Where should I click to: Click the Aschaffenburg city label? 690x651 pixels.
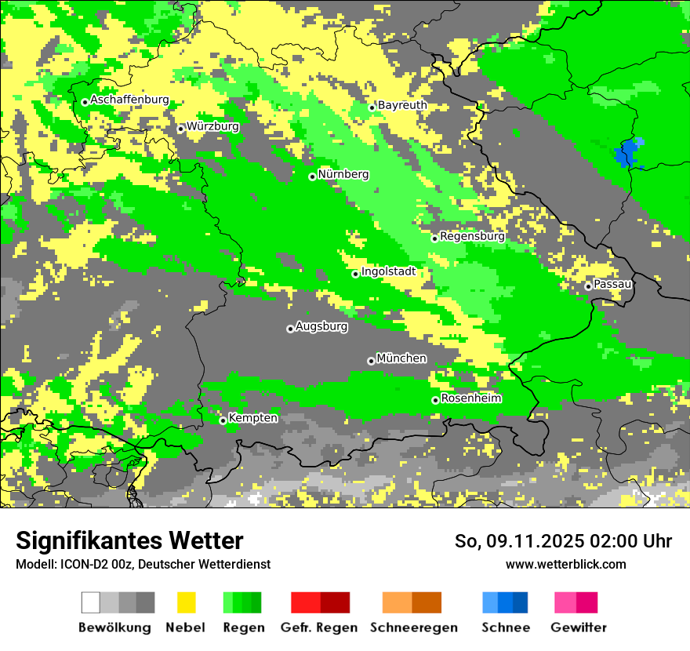point(129,100)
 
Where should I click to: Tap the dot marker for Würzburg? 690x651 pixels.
point(180,129)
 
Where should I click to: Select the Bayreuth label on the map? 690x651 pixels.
point(402,105)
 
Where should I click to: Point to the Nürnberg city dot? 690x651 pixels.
point(312,176)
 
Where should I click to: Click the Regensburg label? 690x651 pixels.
point(472,236)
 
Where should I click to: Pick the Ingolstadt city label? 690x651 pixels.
point(388,271)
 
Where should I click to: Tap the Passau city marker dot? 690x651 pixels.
point(588,286)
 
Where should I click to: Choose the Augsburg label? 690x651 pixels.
point(321,326)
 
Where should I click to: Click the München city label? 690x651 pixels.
point(401,358)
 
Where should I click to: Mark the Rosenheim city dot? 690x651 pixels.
point(435,400)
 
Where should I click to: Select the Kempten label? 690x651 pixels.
point(252,418)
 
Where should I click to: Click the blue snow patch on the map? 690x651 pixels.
point(626,154)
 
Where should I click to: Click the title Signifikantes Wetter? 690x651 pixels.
point(129,540)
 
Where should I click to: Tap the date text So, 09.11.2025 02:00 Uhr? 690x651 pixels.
point(563,541)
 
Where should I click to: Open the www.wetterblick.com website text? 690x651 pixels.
point(565,564)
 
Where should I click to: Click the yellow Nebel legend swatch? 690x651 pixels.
point(186,602)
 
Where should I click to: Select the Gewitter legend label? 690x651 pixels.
point(579,627)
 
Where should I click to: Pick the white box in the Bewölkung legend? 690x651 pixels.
point(91,602)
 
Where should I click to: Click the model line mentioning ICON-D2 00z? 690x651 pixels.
point(143,564)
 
